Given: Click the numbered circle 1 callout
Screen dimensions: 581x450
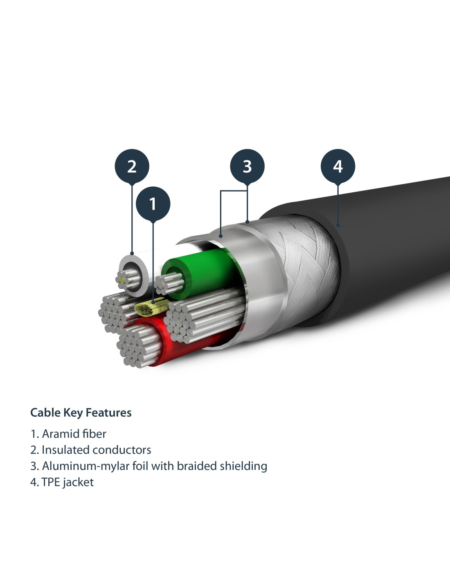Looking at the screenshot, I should point(153,204).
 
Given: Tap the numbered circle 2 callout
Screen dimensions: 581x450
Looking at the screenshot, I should point(132,166).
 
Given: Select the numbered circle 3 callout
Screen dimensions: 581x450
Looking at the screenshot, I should point(247,166).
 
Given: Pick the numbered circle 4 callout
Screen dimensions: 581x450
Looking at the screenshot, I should point(338,166).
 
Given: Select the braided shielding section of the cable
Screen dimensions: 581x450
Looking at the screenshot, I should point(303,261).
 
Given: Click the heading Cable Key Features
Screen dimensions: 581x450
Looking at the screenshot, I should point(81,413).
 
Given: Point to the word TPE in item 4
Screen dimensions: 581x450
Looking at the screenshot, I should point(50,482).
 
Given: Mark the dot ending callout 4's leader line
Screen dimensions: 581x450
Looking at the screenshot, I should point(338,224).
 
